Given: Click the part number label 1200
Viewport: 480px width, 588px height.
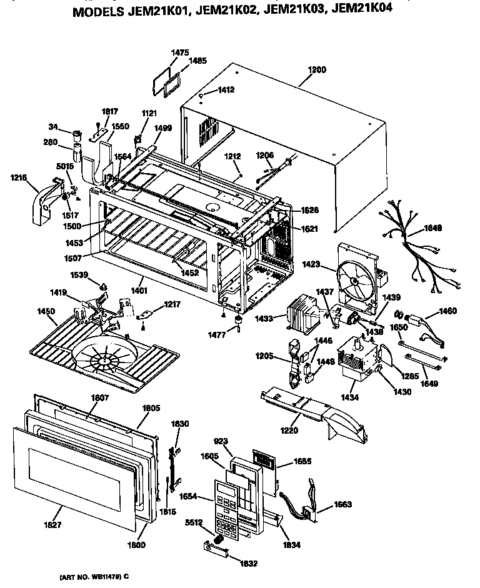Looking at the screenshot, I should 317,71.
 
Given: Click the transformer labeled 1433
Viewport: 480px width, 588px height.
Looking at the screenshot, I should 306,316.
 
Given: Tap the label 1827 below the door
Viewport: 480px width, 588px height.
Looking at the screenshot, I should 54,525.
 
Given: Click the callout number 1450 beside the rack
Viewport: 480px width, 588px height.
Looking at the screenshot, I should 46,311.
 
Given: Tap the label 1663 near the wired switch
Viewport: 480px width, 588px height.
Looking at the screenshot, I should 342,504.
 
